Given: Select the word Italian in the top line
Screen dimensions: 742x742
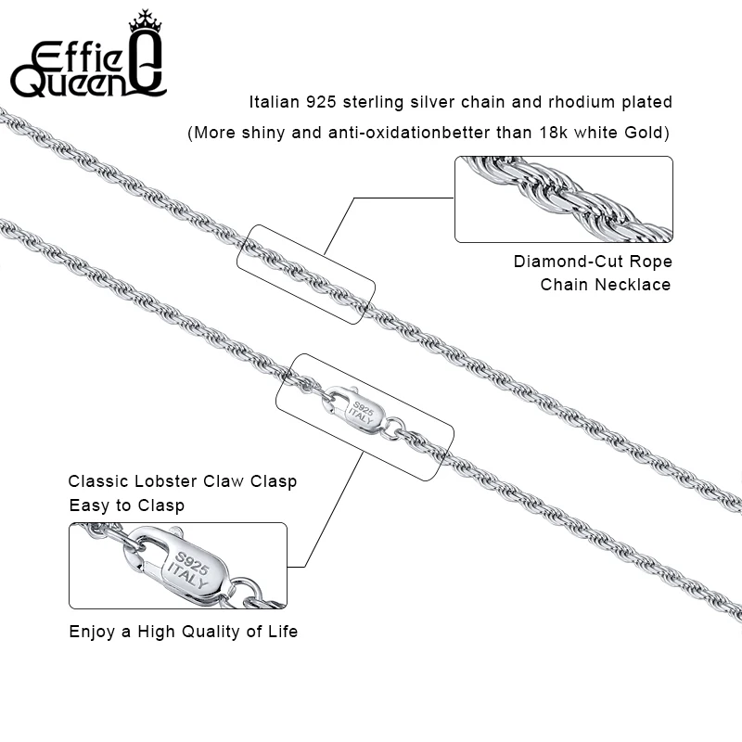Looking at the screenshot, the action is (x=274, y=102).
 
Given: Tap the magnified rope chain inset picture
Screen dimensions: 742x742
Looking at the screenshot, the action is (x=563, y=198).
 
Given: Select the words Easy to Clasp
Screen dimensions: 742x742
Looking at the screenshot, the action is (x=127, y=505).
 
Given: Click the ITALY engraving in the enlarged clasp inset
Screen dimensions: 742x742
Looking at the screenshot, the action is (x=191, y=578).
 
